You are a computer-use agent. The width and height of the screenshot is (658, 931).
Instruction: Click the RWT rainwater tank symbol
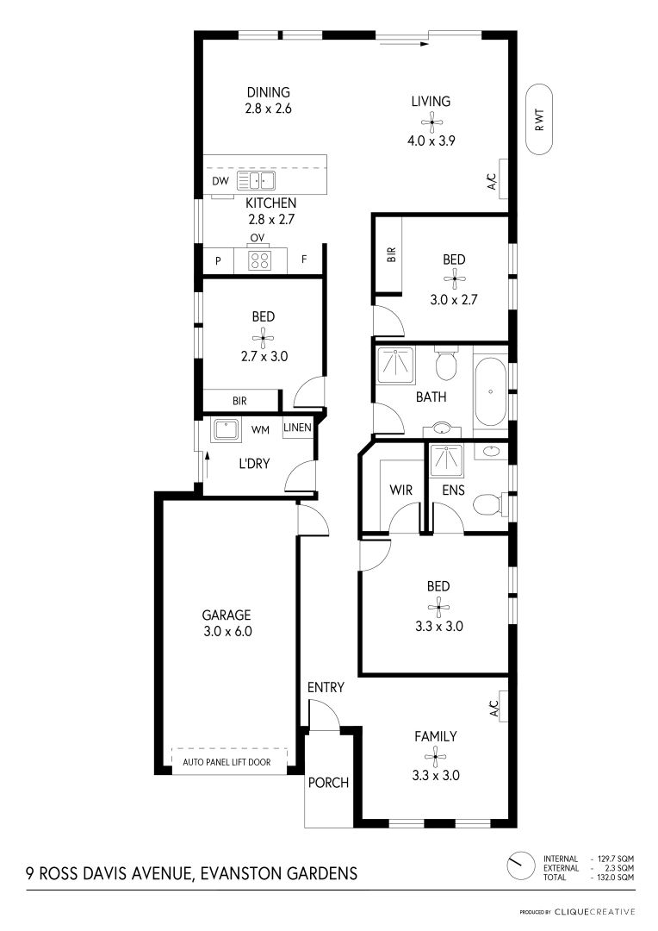(x=539, y=119)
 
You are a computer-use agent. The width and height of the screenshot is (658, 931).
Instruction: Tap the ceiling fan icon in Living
(x=432, y=123)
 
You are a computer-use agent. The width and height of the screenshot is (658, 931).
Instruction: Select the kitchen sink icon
(x=257, y=180)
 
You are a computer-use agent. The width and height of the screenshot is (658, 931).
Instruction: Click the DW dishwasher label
(x=220, y=181)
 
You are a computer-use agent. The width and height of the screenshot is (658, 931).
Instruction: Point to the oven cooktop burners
(x=259, y=260)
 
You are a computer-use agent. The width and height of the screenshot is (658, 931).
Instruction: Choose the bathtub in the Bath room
(x=491, y=391)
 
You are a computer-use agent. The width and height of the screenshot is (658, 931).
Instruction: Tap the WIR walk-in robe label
(x=401, y=490)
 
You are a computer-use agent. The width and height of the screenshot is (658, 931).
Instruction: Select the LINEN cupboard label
(x=297, y=428)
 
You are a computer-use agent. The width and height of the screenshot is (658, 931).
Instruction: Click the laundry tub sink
(x=226, y=428)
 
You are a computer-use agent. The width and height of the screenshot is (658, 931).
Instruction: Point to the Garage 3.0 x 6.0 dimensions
(x=228, y=631)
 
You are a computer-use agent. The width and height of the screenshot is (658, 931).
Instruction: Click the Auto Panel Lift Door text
(x=227, y=762)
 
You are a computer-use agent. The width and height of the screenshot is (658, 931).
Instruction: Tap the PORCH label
(x=328, y=783)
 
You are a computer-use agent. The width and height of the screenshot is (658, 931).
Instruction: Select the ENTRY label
(x=326, y=687)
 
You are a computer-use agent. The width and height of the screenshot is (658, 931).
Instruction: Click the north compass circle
(x=521, y=866)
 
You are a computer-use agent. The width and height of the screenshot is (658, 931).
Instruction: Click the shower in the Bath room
(x=396, y=364)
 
